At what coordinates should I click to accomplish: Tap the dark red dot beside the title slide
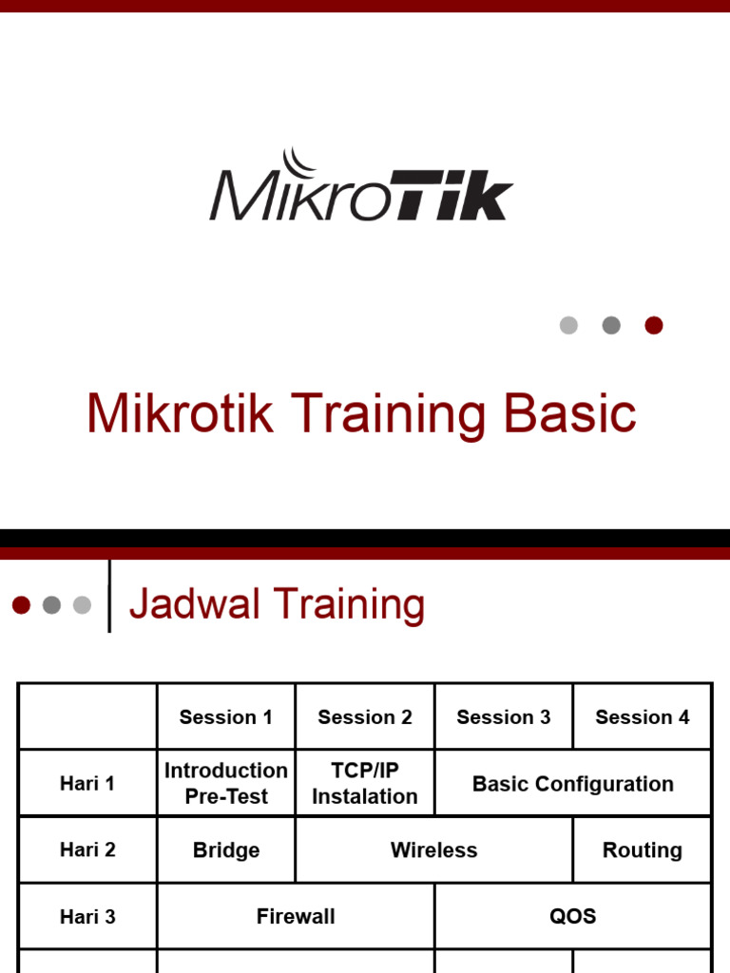click(x=653, y=325)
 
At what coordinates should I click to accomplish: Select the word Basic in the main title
click(x=569, y=414)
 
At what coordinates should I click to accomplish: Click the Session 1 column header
click(x=226, y=717)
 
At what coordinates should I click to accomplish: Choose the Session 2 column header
click(x=365, y=717)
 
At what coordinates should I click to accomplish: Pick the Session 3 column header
click(x=504, y=717)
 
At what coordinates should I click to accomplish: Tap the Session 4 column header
click(x=643, y=717)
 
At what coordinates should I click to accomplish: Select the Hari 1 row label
click(x=87, y=784)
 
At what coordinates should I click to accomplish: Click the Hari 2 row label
click(x=87, y=849)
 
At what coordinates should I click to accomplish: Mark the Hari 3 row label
click(x=87, y=916)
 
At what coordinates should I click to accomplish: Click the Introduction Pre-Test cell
click(x=226, y=784)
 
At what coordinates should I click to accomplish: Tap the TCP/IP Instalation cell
click(x=365, y=784)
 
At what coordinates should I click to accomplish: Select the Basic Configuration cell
click(x=573, y=784)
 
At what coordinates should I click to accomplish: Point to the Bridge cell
click(x=226, y=850)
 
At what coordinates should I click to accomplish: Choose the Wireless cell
click(x=434, y=850)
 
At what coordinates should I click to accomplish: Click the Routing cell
click(x=643, y=850)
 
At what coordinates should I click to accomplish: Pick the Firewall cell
click(x=296, y=916)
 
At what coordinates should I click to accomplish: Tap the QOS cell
click(x=573, y=916)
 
